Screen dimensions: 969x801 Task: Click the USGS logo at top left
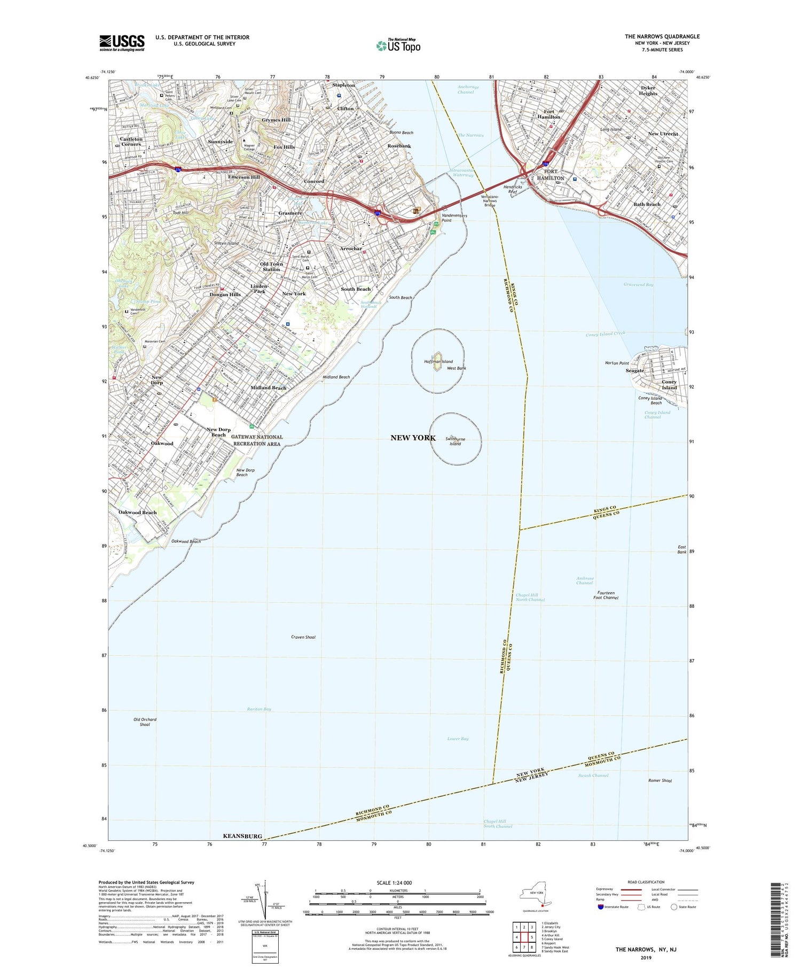[122, 42]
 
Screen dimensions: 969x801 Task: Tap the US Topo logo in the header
[398, 45]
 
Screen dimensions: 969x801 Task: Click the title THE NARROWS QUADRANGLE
[662, 36]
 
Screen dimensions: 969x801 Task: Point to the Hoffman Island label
[438, 362]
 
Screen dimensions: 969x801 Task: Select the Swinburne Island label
[455, 441]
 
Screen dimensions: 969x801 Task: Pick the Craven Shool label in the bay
[303, 637]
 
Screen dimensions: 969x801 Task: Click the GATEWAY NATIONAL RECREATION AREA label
[257, 440]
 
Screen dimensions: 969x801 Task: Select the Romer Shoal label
[659, 780]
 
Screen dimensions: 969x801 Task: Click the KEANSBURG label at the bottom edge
[242, 836]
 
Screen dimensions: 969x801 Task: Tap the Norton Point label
[617, 363]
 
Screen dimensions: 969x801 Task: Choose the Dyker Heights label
[648, 90]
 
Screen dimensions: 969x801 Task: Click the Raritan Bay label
[259, 709]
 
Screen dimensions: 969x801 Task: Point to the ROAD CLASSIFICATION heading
[646, 882]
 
